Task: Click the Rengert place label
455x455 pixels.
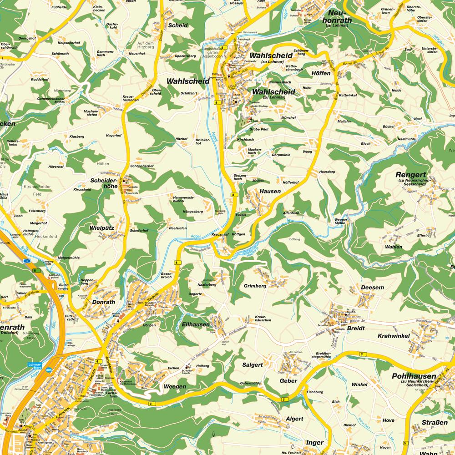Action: [x=410, y=174]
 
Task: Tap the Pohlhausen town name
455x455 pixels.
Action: [x=414, y=376]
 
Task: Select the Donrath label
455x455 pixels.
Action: [x=104, y=301]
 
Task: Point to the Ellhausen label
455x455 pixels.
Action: [x=195, y=324]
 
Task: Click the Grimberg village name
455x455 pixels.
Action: [x=255, y=286]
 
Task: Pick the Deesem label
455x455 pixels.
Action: [x=372, y=288]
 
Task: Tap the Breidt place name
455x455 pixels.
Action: [x=355, y=328]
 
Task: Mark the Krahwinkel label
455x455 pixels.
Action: [x=394, y=336]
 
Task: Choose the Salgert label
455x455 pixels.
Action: [x=252, y=365]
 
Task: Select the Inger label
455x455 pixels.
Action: [x=314, y=442]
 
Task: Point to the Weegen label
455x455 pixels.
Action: [x=175, y=386]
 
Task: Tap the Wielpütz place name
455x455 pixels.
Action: [x=101, y=225]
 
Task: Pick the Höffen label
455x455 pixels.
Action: [x=321, y=74]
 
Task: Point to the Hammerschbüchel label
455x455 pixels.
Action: [x=184, y=199]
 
